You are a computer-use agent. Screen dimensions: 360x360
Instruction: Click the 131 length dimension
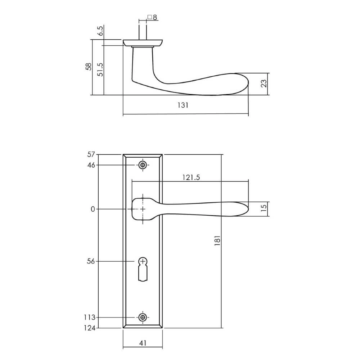click(x=183, y=105)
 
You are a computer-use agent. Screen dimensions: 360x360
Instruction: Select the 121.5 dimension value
click(x=191, y=177)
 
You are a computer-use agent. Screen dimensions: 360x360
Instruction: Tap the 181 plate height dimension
click(x=217, y=241)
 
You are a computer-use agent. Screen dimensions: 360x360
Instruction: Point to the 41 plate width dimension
click(x=143, y=343)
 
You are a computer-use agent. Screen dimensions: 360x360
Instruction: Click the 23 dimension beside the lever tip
click(x=264, y=84)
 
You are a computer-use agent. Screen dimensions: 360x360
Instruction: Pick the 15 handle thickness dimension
click(x=264, y=209)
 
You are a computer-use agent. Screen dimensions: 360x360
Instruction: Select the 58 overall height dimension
click(x=89, y=67)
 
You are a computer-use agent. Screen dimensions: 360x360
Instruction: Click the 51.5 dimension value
click(x=100, y=69)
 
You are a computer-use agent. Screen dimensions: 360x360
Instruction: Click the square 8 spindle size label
click(x=152, y=17)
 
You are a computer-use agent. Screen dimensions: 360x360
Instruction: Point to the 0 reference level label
click(x=93, y=209)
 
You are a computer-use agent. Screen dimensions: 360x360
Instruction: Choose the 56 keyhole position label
click(x=90, y=261)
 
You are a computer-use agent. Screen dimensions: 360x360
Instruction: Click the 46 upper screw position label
click(x=90, y=165)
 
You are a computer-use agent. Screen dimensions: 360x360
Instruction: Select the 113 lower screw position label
click(x=89, y=318)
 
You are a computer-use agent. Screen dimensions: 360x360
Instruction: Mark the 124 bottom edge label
click(x=89, y=328)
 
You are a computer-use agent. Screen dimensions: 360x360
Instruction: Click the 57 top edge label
click(x=90, y=155)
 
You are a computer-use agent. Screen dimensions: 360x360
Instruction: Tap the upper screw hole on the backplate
click(x=143, y=165)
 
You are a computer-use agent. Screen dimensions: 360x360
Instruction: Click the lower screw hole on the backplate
click(x=143, y=318)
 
